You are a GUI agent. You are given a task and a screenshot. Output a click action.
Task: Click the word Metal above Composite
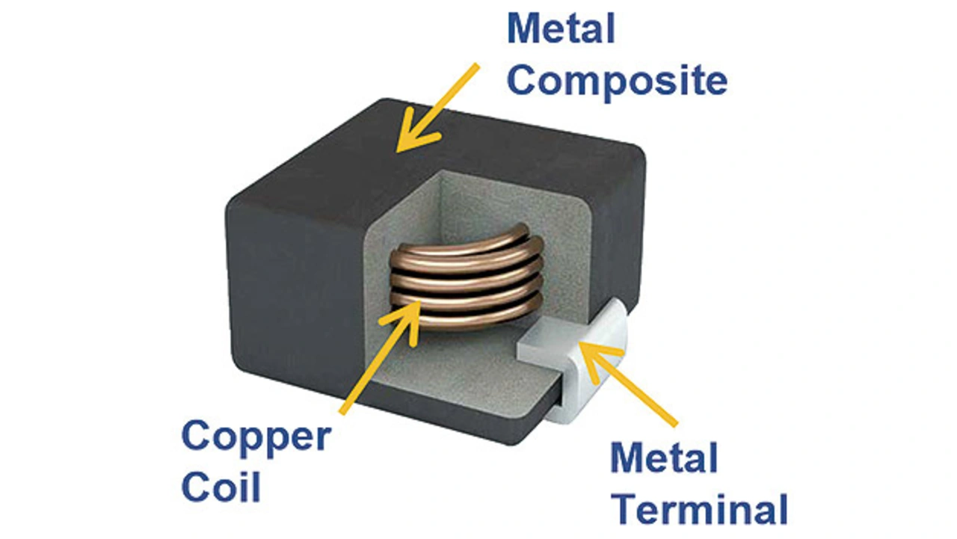561,30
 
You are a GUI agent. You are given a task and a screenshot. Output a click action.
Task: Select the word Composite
616,81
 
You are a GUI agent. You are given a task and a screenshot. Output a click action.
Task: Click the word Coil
221,487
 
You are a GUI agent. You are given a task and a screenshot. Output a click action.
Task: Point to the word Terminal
699,510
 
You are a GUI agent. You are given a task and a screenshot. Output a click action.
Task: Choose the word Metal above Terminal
664,458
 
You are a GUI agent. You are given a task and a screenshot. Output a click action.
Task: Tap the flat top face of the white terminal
553,340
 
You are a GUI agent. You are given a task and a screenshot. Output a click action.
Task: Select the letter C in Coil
196,487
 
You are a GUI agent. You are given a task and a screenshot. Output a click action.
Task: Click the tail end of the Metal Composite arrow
476,67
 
